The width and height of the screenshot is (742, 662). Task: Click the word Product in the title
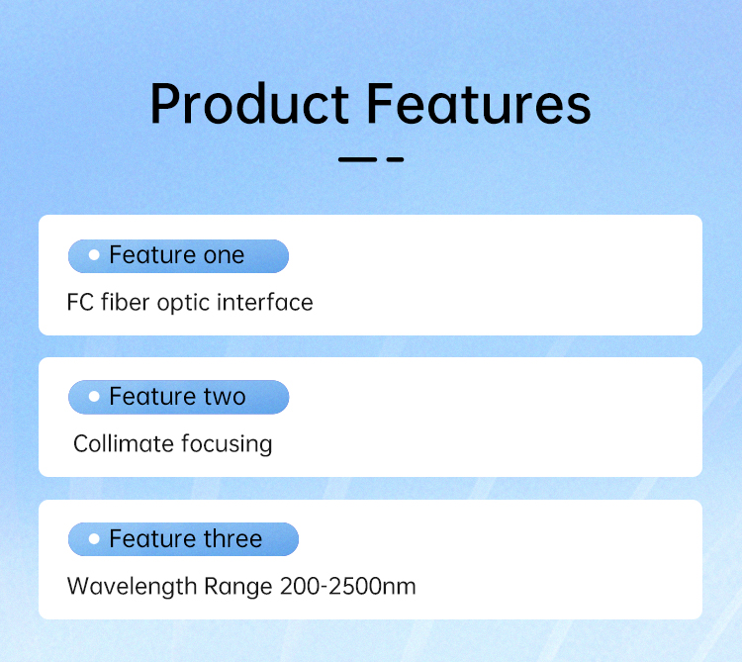pos(249,104)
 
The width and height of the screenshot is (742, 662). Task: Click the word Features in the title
pos(479,104)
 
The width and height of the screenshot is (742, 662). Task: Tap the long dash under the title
pos(357,160)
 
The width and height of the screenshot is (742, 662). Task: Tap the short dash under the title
pos(395,160)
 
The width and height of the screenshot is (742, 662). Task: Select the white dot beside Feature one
pos(94,255)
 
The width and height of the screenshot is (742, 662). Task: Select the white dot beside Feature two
pos(94,397)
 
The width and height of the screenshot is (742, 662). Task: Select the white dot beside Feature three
pos(94,538)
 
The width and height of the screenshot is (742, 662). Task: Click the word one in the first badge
pos(224,256)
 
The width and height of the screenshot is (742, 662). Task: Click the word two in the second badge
pos(225,397)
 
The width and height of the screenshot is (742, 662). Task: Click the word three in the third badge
pos(232,538)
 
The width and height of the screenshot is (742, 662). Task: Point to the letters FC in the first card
pos(80,303)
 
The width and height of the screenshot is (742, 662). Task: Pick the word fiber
pos(126,302)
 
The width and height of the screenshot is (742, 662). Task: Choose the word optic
pos(183,304)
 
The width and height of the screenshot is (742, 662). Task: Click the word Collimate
pos(124,444)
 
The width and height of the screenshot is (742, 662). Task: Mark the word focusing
pos(227,445)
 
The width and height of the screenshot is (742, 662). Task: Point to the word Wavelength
pos(132,587)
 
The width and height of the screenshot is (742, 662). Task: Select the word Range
pos(238,587)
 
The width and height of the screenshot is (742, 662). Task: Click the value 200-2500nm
pos(348,586)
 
